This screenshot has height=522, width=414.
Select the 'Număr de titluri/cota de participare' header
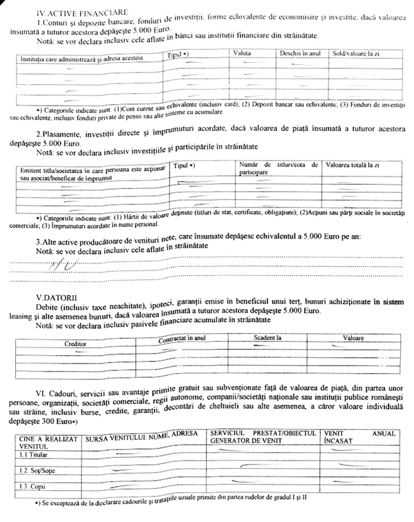[277, 169]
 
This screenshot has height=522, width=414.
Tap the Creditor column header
[76, 343]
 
